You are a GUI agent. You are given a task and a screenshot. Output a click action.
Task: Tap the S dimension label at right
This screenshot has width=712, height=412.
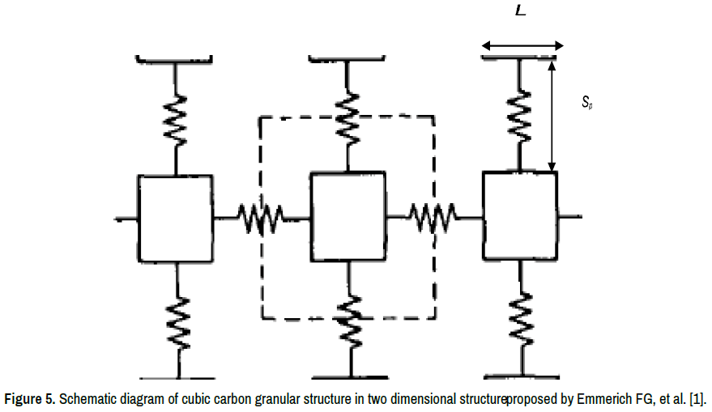[x=587, y=103]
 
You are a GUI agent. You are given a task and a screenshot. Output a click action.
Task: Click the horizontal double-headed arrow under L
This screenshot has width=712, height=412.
[x=522, y=45]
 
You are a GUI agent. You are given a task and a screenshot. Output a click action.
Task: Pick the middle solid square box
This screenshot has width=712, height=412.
[x=348, y=215]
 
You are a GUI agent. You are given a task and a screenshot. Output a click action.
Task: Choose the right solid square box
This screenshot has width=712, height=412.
[x=519, y=214]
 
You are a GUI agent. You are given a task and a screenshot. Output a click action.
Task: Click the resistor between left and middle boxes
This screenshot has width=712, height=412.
[x=261, y=217]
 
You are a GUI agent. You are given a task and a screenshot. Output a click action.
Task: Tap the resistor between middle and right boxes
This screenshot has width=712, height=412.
[x=433, y=216]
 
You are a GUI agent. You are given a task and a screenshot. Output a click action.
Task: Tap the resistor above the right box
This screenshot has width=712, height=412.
[x=519, y=114]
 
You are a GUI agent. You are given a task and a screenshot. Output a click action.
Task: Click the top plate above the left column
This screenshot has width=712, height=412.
[x=175, y=58]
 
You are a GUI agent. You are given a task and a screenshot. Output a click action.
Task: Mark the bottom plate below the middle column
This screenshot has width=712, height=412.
[x=349, y=376]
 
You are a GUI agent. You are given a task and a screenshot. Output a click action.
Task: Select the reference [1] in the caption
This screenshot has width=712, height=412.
[x=697, y=400]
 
